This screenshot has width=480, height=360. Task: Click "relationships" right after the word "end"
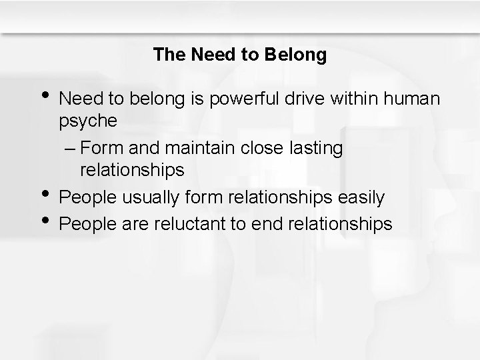[x=340, y=225]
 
